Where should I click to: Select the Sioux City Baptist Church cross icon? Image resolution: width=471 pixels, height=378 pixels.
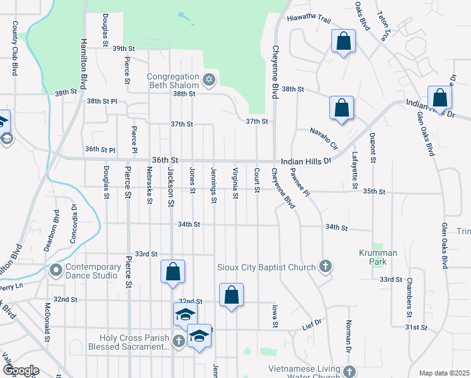pos(325,267)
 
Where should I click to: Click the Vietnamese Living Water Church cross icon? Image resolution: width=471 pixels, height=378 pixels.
pos(349,372)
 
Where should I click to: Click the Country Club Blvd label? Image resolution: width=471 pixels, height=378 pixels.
pos(14,48)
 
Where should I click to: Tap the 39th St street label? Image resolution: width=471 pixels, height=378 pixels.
pos(124,49)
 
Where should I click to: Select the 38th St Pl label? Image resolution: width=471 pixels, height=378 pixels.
pos(102,101)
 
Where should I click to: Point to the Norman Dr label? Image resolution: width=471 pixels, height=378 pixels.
pos(348,336)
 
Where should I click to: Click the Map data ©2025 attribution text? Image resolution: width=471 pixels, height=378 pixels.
pos(444,373)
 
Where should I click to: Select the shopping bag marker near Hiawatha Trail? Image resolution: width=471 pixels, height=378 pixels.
pos(343,42)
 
